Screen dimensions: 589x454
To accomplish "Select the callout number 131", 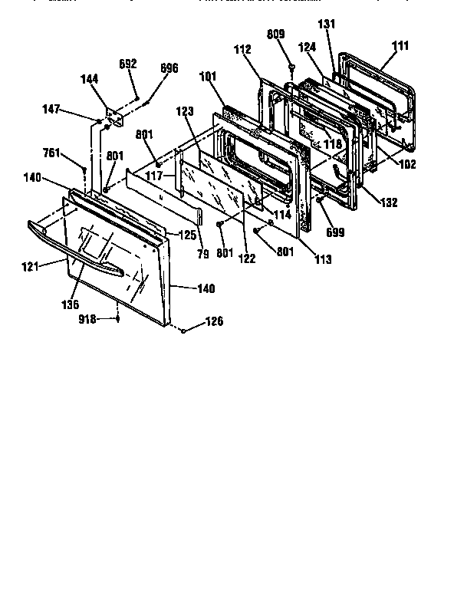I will pyautogui.click(x=327, y=25).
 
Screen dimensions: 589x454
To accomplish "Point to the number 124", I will pyautogui.click(x=307, y=48).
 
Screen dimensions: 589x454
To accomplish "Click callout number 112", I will pyautogui.click(x=242, y=51).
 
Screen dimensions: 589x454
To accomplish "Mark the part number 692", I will pyautogui.click(x=128, y=64).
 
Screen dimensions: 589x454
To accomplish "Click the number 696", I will pyautogui.click(x=169, y=69).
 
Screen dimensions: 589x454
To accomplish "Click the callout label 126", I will pyautogui.click(x=215, y=322).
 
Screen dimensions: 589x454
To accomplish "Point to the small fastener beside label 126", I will pyautogui.click(x=184, y=329).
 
